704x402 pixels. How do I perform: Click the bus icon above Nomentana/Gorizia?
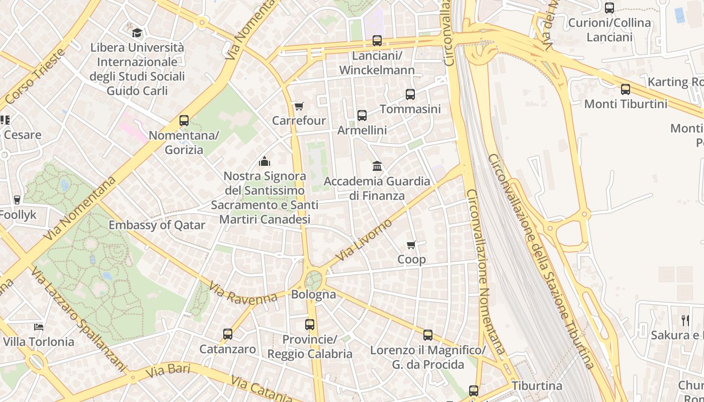184,121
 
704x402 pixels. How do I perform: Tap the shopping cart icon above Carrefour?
299,106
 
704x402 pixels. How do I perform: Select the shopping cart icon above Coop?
411,245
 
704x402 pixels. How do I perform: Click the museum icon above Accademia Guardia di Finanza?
377,166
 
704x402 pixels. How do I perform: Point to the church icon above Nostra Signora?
264,161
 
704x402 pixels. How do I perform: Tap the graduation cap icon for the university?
137,33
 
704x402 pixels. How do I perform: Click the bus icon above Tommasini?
410,94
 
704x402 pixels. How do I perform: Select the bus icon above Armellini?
362,116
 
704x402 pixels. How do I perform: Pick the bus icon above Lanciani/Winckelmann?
377,41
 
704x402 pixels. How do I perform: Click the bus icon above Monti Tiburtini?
626,89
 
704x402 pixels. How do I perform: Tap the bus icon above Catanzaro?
228,334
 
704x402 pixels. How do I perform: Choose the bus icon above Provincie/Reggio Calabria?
310,325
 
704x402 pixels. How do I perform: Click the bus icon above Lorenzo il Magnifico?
428,335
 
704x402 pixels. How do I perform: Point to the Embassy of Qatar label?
157,225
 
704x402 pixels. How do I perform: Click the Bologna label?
314,294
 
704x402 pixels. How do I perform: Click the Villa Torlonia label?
39,342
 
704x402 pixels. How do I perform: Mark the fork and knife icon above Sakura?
685,320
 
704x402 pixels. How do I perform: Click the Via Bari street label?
168,371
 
